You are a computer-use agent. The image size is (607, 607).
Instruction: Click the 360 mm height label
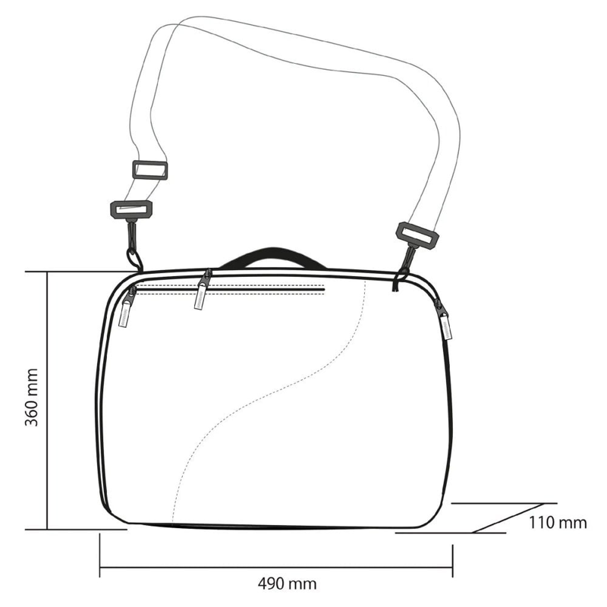click(x=31, y=397)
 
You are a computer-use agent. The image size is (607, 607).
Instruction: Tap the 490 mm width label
click(x=287, y=583)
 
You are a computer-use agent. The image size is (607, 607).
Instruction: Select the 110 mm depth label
click(x=558, y=523)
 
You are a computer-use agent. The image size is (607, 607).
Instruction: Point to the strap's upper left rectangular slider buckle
click(x=150, y=170)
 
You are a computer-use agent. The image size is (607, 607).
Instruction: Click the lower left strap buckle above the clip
click(x=131, y=210)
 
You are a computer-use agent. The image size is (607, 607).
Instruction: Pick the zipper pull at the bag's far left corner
click(x=127, y=308)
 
